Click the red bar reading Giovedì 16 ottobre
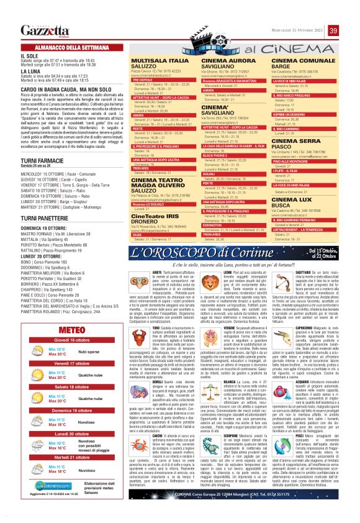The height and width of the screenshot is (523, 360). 69,340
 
